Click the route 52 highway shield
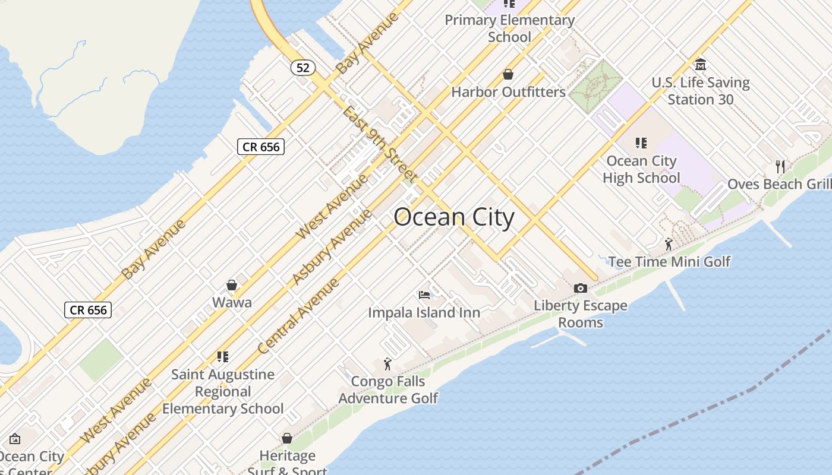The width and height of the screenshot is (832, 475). tap(303, 68)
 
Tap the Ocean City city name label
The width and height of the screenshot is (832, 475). tap(453, 217)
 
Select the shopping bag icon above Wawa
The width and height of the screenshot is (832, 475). tap(232, 286)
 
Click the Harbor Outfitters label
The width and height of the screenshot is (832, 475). tap(508, 92)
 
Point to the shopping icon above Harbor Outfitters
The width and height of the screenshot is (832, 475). tap(508, 74)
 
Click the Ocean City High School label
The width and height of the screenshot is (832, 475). tap(641, 169)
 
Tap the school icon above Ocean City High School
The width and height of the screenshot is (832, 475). tap(641, 143)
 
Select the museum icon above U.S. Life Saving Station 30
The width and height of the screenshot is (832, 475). tap(700, 64)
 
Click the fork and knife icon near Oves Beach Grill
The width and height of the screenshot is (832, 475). tap(780, 166)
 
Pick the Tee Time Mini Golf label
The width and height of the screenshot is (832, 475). tap(669, 261)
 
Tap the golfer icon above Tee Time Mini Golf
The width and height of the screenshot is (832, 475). tap(669, 243)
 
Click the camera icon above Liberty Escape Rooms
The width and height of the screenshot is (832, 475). tap(581, 289)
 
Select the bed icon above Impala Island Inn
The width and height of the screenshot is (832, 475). tap(424, 294)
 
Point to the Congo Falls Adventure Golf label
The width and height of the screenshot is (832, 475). tap(388, 389)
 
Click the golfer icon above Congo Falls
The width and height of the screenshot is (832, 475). tap(387, 364)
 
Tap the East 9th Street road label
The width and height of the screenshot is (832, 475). tap(379, 144)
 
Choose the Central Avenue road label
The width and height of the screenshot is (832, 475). tap(299, 316)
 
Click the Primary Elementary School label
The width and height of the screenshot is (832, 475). tap(509, 28)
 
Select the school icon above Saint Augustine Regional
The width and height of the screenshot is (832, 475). tap(223, 357)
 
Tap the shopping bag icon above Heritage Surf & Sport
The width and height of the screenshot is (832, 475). tap(287, 439)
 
